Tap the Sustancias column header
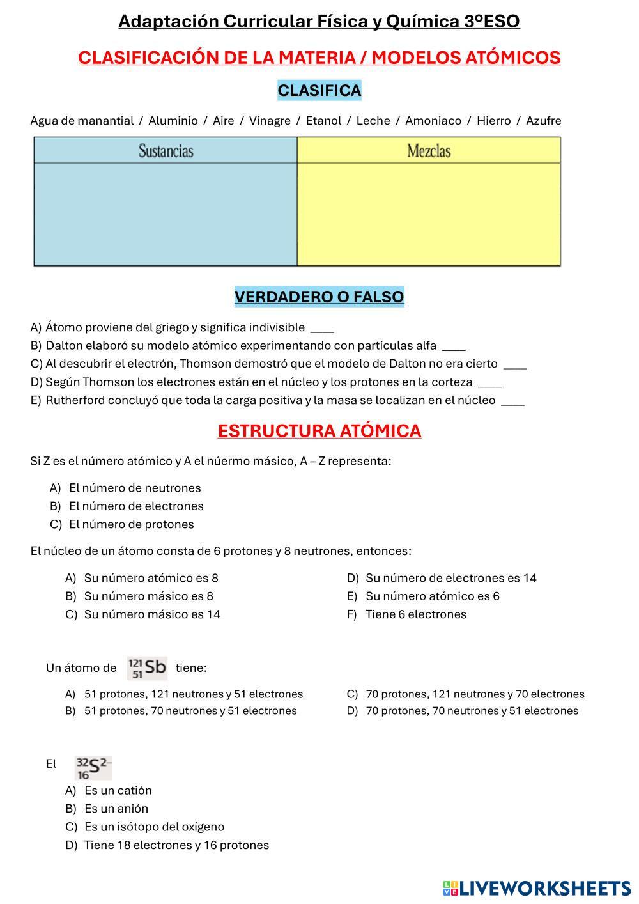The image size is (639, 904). click(166, 151)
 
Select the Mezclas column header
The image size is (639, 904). click(429, 151)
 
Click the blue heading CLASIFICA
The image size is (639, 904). click(319, 91)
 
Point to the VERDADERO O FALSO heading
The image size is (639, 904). click(319, 297)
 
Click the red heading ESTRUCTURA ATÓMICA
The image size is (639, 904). click(319, 432)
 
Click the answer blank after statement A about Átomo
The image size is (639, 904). click(322, 329)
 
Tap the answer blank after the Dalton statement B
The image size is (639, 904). click(454, 347)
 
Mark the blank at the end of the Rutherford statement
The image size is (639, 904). click(513, 401)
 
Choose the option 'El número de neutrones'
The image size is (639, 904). click(135, 488)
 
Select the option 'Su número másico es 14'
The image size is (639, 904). click(152, 614)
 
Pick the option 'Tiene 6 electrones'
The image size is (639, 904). click(416, 614)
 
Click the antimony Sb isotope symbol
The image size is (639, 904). click(148, 668)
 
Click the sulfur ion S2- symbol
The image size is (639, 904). click(93, 767)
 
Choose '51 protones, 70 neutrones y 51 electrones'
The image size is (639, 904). click(190, 711)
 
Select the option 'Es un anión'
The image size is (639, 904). click(116, 809)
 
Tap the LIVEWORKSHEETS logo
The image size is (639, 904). click(536, 888)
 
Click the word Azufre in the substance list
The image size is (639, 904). click(543, 121)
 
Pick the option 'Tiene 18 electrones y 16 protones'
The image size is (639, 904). click(176, 845)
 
